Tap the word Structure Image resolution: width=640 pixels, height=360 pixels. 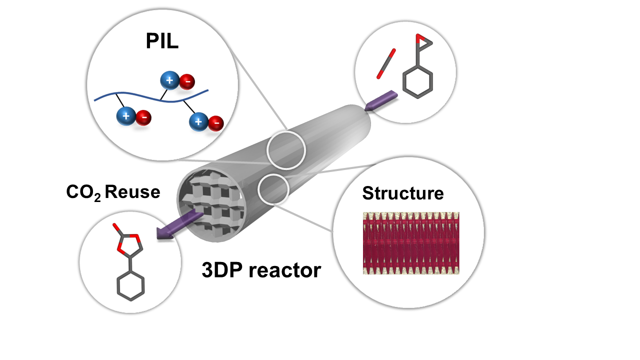(403, 193)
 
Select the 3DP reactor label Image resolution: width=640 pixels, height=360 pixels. (260, 270)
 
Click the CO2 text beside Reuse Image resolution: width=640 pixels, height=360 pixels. (83, 192)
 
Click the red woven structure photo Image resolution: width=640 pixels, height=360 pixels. (410, 243)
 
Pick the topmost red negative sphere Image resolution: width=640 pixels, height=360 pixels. (187, 81)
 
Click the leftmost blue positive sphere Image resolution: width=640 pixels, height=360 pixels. (125, 117)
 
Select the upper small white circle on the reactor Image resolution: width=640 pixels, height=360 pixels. (285, 149)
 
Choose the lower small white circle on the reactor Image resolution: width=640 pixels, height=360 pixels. (273, 189)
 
